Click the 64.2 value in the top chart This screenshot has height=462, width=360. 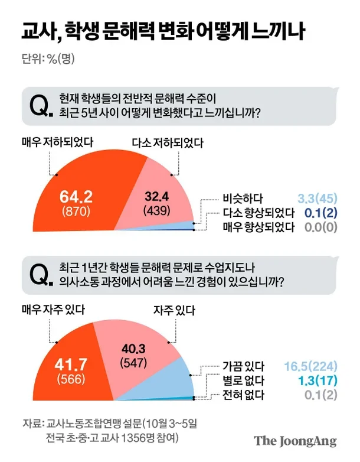(76, 197)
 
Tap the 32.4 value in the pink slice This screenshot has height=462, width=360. (156, 196)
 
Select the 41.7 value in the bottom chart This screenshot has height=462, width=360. (71, 364)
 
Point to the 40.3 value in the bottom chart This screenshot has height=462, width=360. (133, 349)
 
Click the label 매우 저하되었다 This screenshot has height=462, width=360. (58, 142)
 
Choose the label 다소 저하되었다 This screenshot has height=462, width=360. (168, 143)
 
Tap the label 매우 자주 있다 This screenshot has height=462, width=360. (53, 310)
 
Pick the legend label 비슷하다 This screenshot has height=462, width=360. (243, 199)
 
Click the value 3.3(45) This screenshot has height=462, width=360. (318, 199)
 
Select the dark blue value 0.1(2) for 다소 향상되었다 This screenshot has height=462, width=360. (321, 213)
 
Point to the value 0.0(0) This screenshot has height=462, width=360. (321, 227)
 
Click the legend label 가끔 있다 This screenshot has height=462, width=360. (243, 366)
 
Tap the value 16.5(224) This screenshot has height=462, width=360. (310, 366)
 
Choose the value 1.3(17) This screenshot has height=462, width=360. (318, 380)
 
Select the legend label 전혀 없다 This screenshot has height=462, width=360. (243, 395)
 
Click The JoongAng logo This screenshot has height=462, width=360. (295, 441)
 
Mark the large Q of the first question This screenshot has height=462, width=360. (40, 106)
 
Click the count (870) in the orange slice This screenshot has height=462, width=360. (76, 212)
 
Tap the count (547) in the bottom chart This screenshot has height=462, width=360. (133, 362)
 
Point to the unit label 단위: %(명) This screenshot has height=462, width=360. (48, 58)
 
